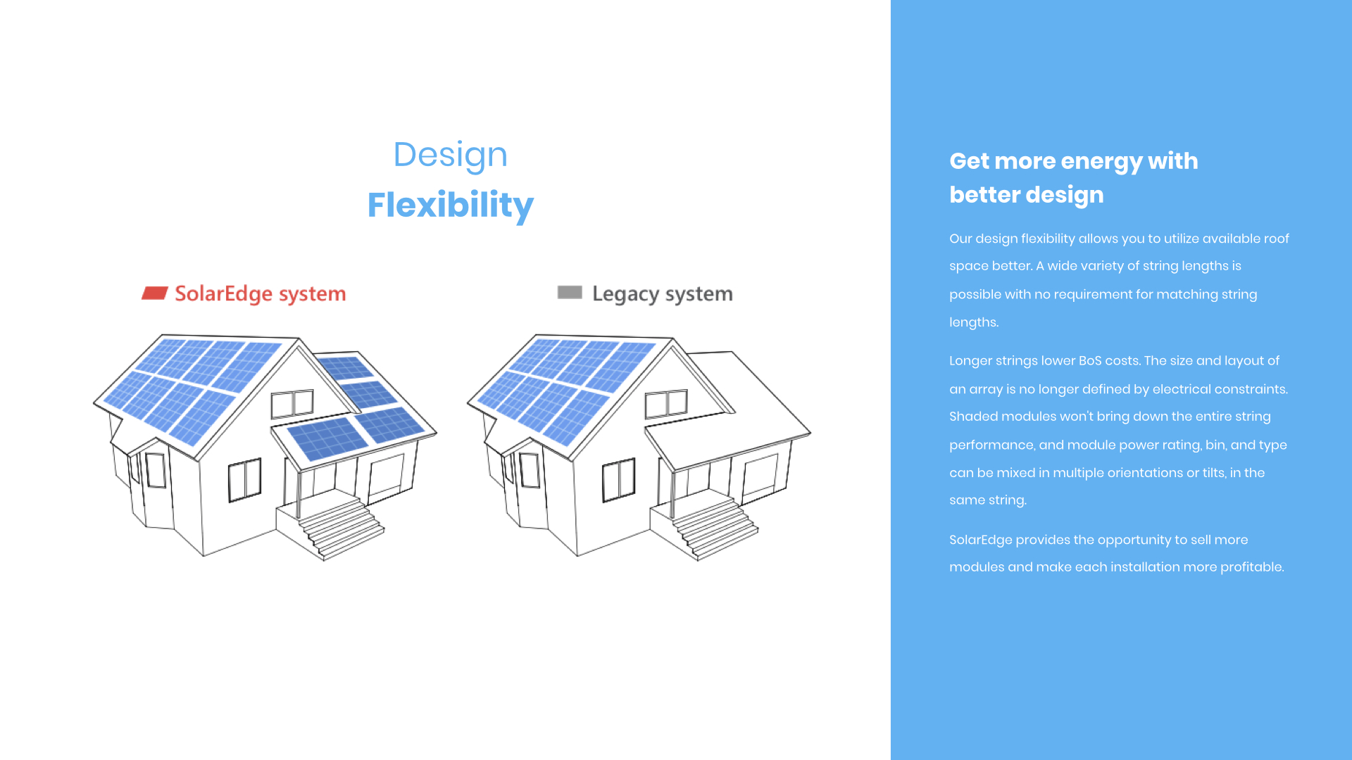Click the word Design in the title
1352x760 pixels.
[x=451, y=155]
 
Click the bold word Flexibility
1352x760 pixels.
[x=451, y=205]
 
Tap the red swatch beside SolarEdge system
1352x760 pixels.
[x=154, y=293]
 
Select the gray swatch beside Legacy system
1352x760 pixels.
[x=570, y=292]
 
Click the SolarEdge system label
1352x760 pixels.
[x=261, y=294]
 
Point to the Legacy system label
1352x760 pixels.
[x=663, y=294]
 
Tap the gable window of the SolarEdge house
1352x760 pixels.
[x=292, y=404]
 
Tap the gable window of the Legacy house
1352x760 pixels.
[x=666, y=404]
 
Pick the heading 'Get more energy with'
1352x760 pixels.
[x=1074, y=161]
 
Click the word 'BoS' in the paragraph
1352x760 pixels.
[x=1090, y=361]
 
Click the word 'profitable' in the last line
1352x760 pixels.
[x=1251, y=567]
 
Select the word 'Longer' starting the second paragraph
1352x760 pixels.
[x=970, y=361]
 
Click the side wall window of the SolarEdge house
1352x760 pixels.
[x=244, y=480]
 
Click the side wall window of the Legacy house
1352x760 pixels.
[x=618, y=480]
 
